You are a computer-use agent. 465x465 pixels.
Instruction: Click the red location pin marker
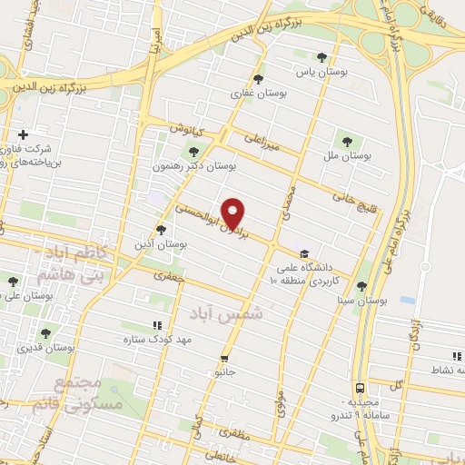coord(233,213)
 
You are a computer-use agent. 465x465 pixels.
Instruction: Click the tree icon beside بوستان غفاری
coord(260,79)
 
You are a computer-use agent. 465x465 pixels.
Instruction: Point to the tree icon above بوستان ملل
coord(346,141)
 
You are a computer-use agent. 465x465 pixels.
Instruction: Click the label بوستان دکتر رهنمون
coord(208,166)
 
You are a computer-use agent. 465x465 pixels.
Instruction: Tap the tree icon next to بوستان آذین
coord(161,230)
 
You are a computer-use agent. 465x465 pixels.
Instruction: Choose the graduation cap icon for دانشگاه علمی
coord(303,253)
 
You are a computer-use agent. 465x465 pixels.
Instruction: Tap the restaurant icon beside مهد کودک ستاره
coord(157,324)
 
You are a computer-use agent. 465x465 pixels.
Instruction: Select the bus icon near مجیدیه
coord(361,387)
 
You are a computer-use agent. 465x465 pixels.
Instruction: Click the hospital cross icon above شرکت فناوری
coord(24,134)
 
